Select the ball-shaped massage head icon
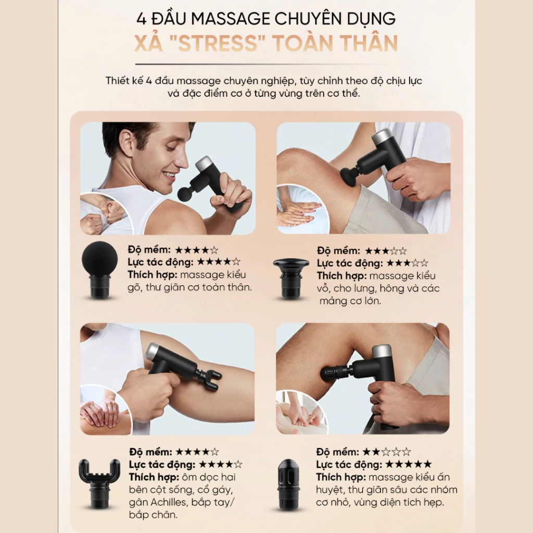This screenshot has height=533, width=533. pos(99,270)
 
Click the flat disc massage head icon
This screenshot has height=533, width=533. pos(291,278)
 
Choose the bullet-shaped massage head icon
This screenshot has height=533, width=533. pos(288,484)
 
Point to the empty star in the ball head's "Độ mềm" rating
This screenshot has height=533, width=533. pos(214,250)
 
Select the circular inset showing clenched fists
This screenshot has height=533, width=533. pos(102,214)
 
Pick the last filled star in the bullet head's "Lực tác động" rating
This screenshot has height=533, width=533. pos(427,464)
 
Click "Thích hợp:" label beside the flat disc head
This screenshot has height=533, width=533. pos(341,276)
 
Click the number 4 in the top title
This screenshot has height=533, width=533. pos(142,19)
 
